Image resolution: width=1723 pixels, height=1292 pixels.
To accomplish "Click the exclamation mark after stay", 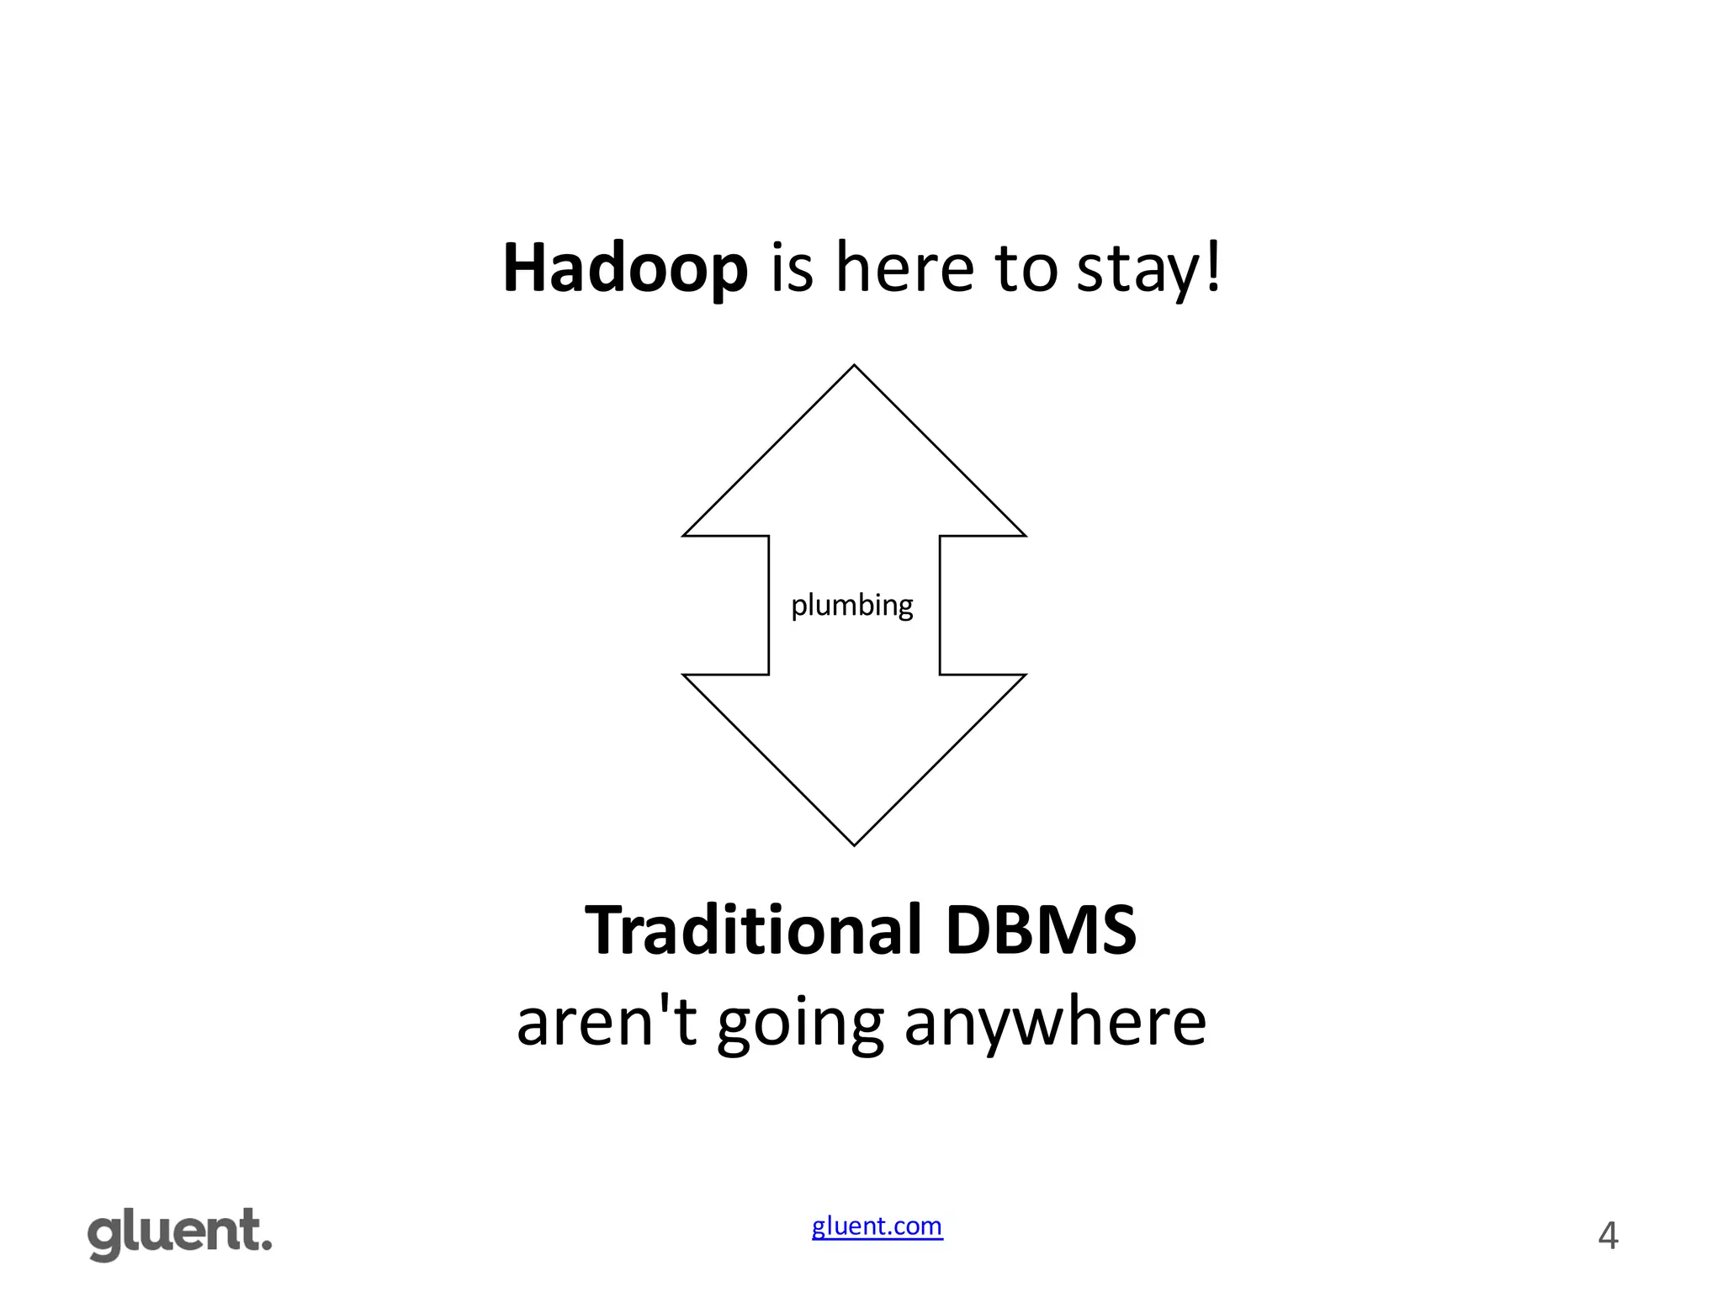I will pos(1212,266).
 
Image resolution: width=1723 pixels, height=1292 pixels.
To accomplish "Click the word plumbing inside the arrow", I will pos(851,606).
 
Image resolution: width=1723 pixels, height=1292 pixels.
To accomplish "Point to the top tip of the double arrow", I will pos(854,366).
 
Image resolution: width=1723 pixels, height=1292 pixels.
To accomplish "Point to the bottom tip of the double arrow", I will pos(854,845).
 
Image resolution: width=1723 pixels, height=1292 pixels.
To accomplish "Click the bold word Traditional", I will pos(753,930).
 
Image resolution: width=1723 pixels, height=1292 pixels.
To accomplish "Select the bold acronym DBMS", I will pos(1040,930).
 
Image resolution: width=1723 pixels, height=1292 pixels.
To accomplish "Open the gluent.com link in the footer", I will pos(877,1226).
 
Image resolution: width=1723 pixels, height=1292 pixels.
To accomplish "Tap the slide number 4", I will pos(1607,1236).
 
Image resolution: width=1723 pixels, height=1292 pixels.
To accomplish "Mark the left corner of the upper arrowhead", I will pos(684,535).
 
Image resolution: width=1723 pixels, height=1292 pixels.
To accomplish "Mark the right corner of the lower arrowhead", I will pos(1025,675).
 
